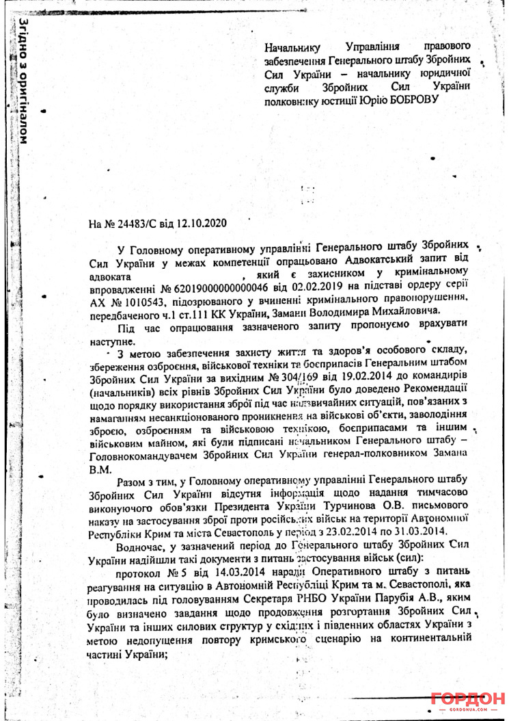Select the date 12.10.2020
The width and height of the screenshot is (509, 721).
click(202, 223)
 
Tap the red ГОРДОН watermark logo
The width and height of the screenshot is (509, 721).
click(467, 700)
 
